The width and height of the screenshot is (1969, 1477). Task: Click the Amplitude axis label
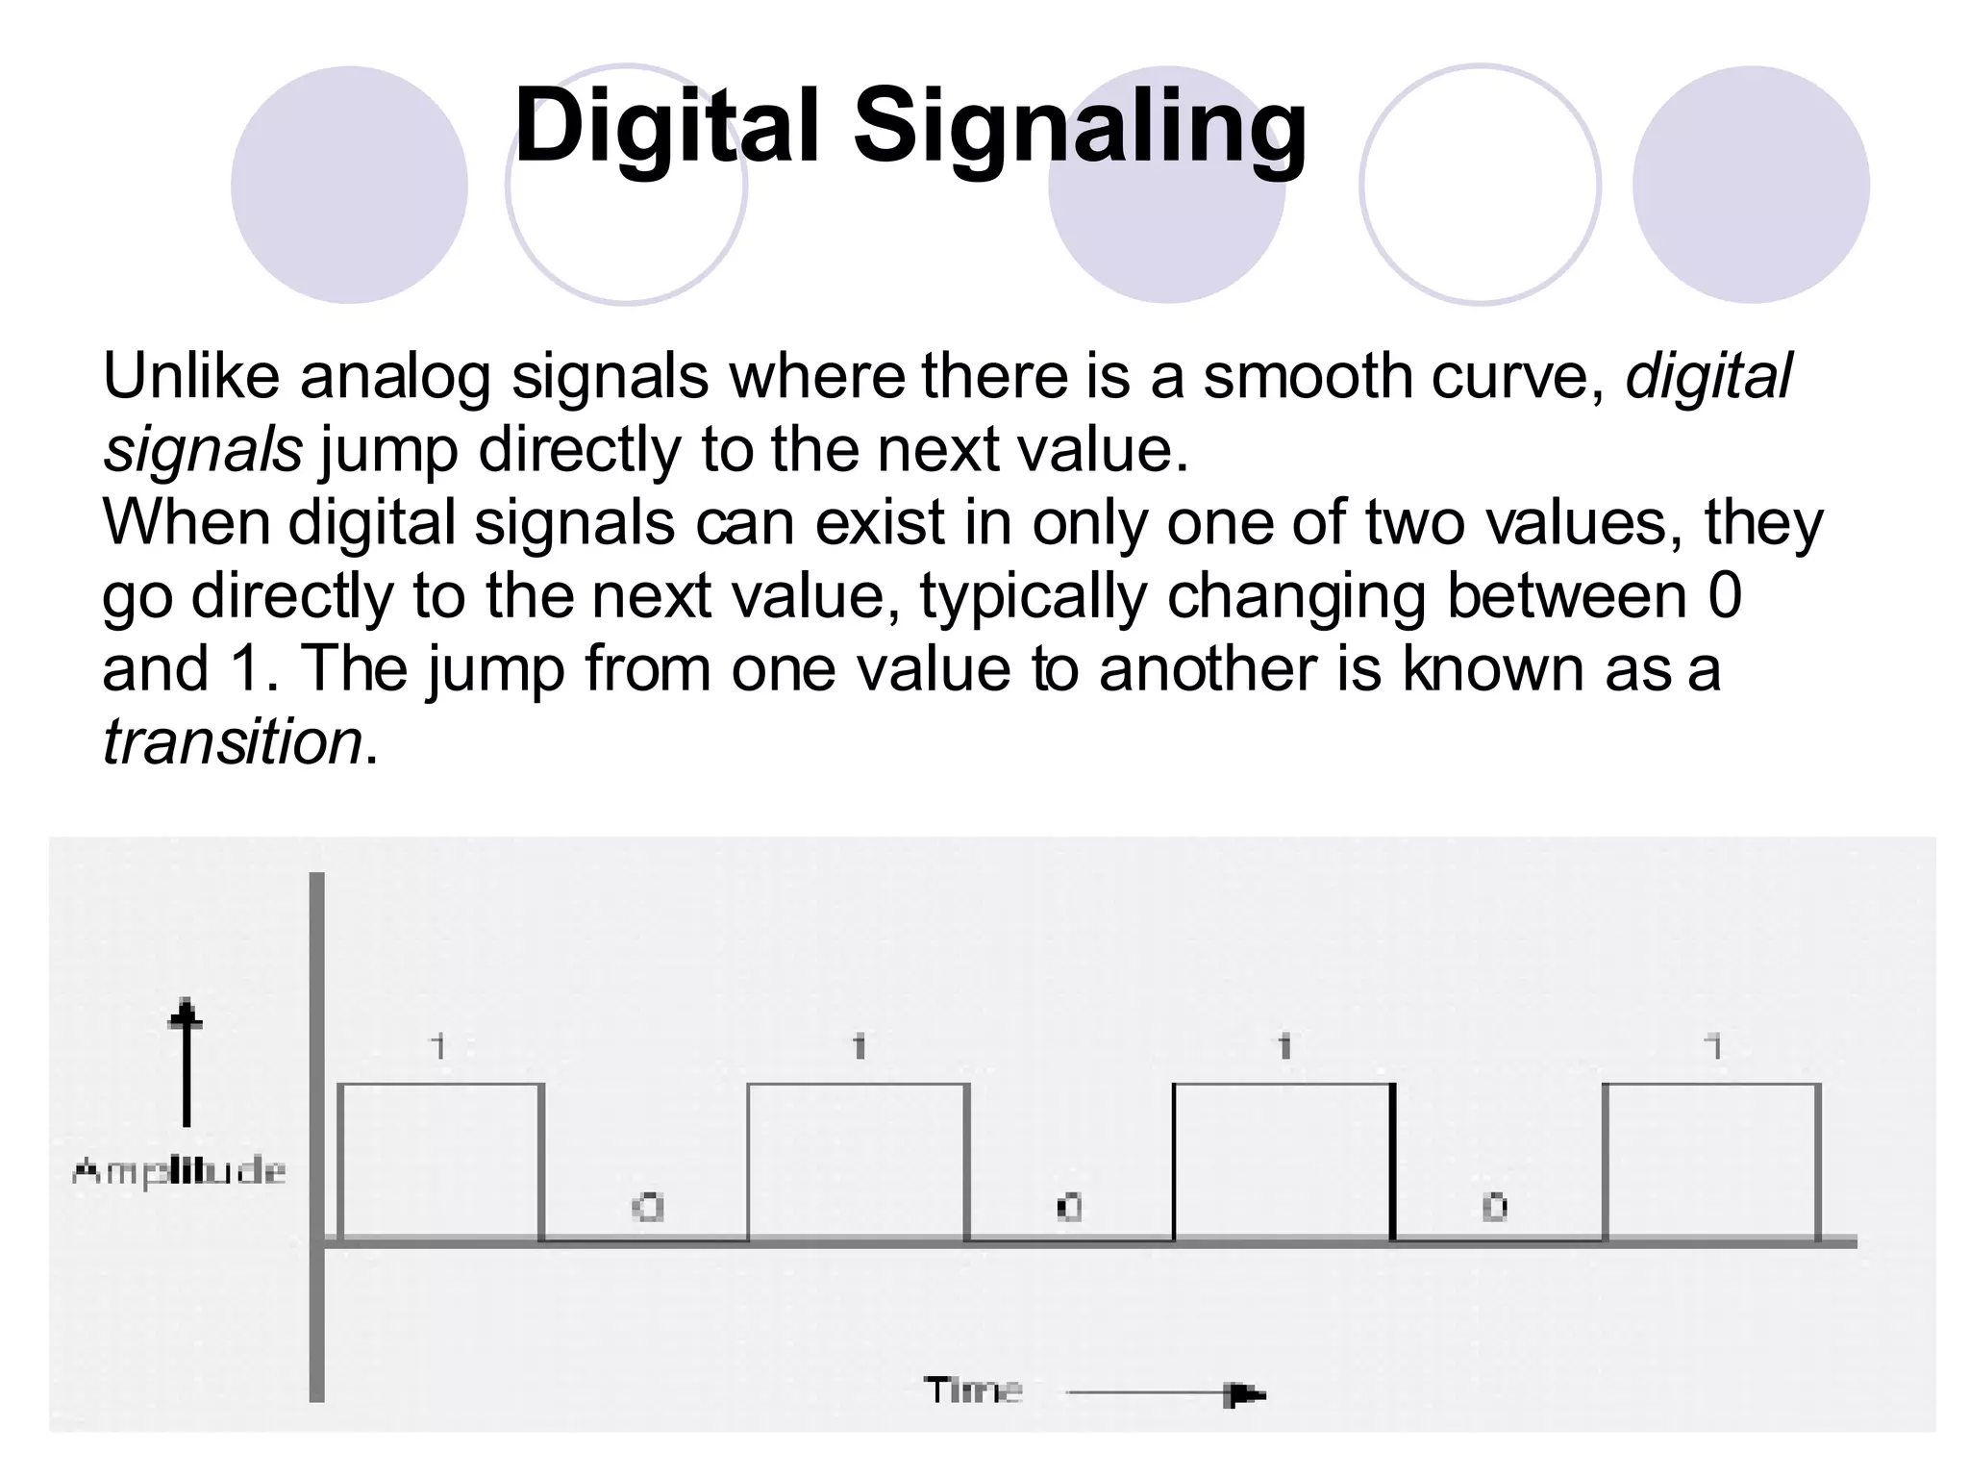pos(180,1171)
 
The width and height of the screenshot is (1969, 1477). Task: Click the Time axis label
pos(973,1390)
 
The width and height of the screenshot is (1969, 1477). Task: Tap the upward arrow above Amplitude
pos(186,1062)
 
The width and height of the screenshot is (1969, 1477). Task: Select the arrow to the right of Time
pos(1165,1393)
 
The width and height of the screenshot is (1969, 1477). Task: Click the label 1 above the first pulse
pos(439,1045)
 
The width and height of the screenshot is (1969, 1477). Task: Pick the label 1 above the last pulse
pos(1712,1045)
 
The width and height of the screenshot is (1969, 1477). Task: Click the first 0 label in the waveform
pos(648,1207)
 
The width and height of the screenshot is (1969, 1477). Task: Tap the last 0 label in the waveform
pos(1494,1207)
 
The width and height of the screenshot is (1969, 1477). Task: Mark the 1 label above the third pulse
pos(1284,1045)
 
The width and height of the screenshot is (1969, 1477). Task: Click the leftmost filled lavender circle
pos(349,185)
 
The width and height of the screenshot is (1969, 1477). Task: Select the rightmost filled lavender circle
pos(1751,185)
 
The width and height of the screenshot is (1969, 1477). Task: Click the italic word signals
pos(203,449)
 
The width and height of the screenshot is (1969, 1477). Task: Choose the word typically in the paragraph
pos(1034,596)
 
